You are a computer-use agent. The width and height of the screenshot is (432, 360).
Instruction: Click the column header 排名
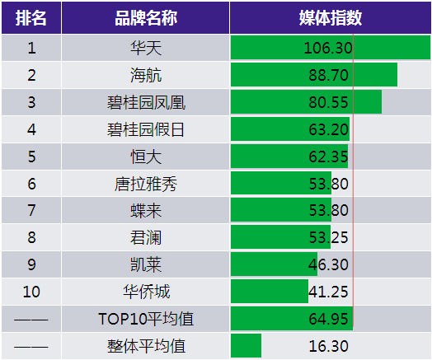tap(31, 18)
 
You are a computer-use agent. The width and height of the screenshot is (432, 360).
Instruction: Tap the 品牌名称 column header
tap(146, 18)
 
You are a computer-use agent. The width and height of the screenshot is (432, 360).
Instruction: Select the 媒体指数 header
tap(331, 18)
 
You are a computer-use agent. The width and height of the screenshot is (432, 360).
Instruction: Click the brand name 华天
tap(146, 48)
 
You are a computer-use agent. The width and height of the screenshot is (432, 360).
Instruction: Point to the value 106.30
tap(328, 48)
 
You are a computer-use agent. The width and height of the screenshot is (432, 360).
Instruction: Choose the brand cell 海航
tap(146, 75)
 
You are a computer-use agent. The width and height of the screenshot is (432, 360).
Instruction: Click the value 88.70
tap(328, 75)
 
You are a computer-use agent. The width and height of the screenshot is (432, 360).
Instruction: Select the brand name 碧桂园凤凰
tap(146, 102)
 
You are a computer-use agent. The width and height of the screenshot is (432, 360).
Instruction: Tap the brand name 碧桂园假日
tap(145, 129)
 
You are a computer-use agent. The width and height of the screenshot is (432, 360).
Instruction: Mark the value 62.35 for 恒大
tap(328, 157)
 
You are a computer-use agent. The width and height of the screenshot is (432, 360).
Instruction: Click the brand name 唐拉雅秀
tap(146, 184)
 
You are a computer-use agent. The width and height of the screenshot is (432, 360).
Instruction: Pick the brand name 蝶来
tap(146, 211)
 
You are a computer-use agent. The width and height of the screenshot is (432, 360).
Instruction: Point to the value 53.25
tap(328, 237)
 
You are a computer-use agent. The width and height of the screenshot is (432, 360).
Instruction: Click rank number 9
tap(31, 264)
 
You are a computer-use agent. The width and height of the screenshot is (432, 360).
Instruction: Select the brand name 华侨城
tap(146, 292)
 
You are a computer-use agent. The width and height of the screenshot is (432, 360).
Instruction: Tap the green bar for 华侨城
tap(270, 291)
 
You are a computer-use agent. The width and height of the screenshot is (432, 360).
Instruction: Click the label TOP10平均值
tap(146, 319)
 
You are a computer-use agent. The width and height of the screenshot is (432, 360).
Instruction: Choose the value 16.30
tap(328, 346)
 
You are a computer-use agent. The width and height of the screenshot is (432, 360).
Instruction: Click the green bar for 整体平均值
tap(246, 346)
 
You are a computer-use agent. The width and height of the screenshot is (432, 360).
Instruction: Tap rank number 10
tap(31, 292)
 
